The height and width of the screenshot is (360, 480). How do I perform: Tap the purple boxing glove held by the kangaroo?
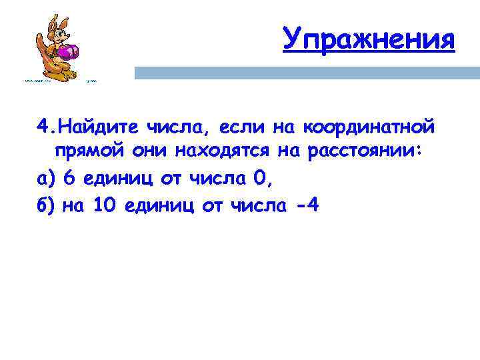[69, 51]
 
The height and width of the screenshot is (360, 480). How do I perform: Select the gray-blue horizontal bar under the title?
[307, 73]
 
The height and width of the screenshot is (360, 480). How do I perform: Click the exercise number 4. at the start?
[46, 126]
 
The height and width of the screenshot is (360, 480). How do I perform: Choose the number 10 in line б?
[105, 205]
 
